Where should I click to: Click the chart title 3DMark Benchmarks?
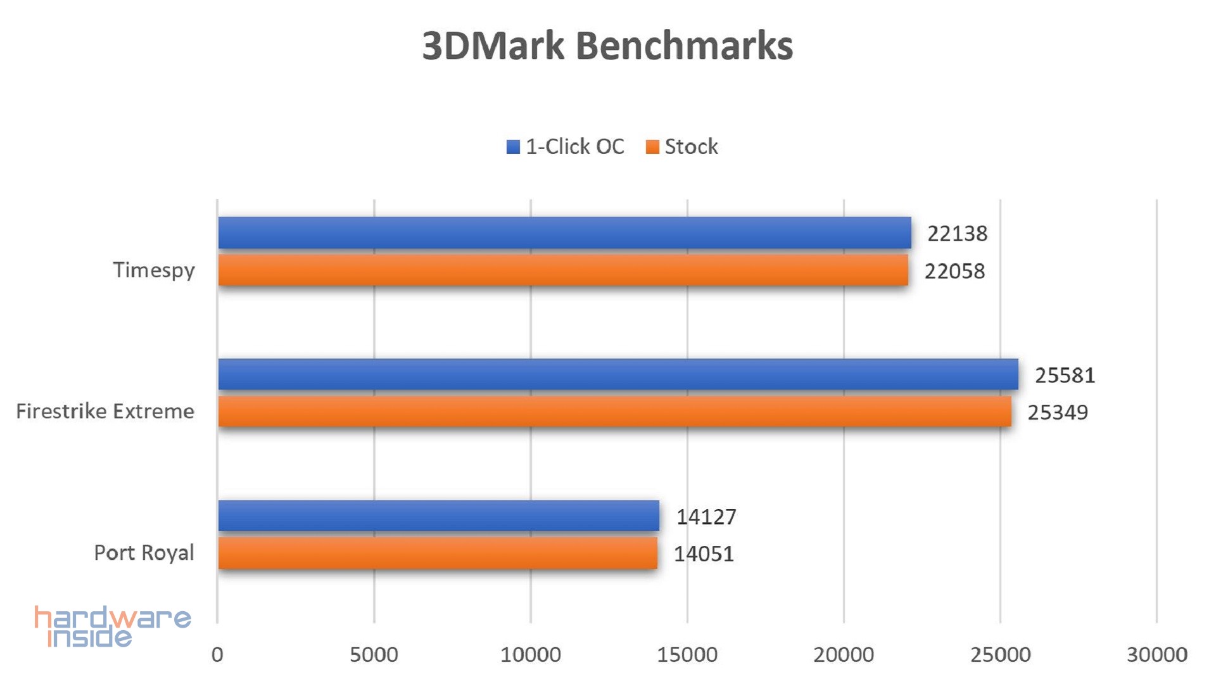coord(607,46)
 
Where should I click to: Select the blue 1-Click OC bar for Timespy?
coord(564,232)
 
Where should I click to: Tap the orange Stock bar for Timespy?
coord(562,270)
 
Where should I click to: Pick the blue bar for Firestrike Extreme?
coord(617,374)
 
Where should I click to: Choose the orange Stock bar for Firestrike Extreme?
coord(614,412)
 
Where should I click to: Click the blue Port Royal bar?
coord(438,516)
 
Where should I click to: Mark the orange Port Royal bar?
coord(437,553)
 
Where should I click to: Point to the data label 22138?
coord(957,234)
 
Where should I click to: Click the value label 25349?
coord(1057,412)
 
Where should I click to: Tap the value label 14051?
coord(704,554)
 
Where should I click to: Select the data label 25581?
coord(1065,375)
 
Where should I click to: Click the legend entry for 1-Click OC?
coord(566,147)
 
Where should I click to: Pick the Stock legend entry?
coord(682,147)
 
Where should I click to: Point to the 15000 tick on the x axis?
coord(687,654)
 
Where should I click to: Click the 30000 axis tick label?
coord(1156,654)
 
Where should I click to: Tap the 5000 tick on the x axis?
coord(374,654)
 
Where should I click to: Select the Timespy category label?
coord(154,270)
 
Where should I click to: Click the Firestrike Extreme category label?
coord(105,412)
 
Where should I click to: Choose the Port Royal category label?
coord(144,553)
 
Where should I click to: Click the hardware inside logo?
coord(112,626)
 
